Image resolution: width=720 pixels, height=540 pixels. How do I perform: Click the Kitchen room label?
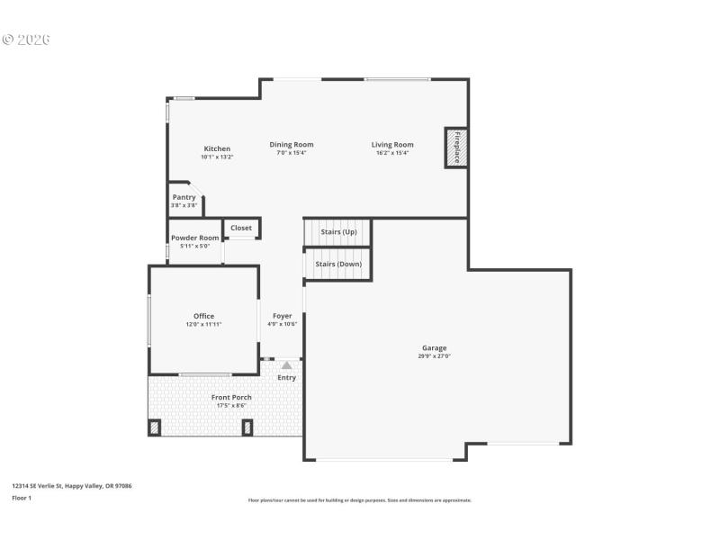[217, 148]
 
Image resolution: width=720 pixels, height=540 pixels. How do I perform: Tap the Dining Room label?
[292, 144]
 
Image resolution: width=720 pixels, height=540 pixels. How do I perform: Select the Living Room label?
[392, 144]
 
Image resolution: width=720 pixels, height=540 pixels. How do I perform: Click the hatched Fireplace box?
[455, 147]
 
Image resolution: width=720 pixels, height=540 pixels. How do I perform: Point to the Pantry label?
[184, 197]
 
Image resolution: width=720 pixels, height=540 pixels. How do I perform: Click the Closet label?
[241, 228]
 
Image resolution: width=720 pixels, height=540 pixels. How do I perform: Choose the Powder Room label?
[194, 238]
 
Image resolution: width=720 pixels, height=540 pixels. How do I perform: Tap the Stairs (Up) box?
[338, 232]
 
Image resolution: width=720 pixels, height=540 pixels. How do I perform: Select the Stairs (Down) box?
[338, 264]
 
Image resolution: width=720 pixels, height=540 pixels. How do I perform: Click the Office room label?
[203, 316]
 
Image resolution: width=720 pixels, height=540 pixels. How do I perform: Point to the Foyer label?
[283, 316]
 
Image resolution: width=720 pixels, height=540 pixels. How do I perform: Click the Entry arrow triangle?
[286, 365]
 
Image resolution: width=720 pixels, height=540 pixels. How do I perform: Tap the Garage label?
[435, 347]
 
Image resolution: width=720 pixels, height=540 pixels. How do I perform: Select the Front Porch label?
[231, 397]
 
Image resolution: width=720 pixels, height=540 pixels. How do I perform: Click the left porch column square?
[154, 427]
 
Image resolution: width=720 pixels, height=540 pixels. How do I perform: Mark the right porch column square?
[247, 427]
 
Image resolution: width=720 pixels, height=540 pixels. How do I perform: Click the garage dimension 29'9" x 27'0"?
[435, 356]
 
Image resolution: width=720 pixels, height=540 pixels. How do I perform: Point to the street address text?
[72, 486]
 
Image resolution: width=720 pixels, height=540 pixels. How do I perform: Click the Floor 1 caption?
[22, 498]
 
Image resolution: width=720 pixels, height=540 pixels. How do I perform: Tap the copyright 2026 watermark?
[26, 40]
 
